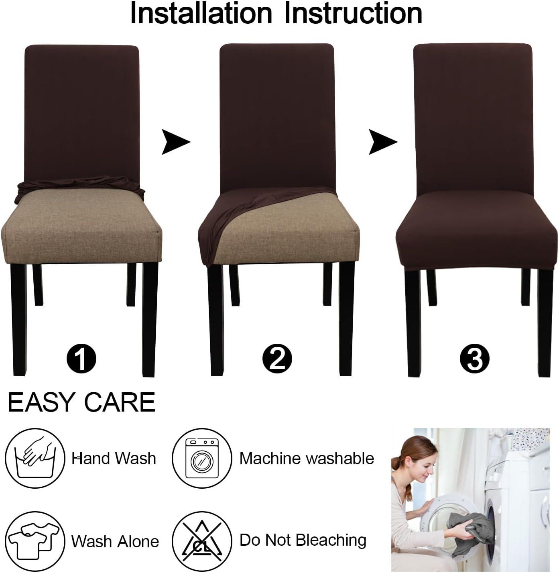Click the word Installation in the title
point(201,14)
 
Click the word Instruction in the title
point(353,14)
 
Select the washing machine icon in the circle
point(202,458)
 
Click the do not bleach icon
point(202,540)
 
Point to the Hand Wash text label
point(114,458)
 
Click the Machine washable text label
point(307,458)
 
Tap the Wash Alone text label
point(115,541)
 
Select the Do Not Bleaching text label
point(303,540)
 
